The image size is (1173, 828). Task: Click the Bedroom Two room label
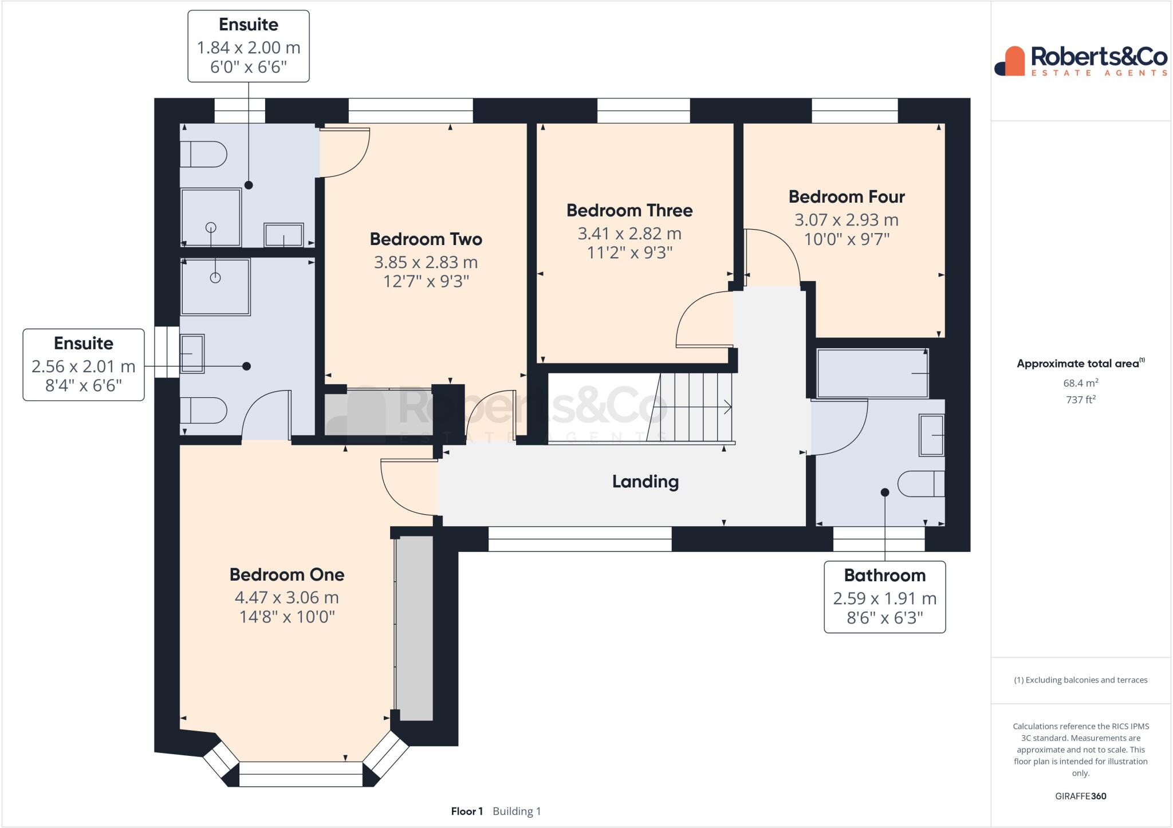click(426, 239)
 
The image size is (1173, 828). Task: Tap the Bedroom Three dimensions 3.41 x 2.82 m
click(629, 234)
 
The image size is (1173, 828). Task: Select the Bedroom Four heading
click(846, 197)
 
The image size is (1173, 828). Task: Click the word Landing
click(645, 482)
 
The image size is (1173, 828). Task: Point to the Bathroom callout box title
click(884, 575)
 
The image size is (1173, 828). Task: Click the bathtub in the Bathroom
click(872, 373)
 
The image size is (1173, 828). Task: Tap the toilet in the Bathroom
click(920, 484)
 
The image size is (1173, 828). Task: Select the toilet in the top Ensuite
click(203, 154)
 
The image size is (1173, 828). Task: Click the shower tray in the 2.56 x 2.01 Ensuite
click(215, 286)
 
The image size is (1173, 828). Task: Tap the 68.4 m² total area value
click(1080, 383)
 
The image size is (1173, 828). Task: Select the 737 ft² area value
click(1080, 400)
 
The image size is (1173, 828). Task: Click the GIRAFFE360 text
click(1080, 796)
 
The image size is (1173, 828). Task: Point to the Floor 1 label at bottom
click(467, 811)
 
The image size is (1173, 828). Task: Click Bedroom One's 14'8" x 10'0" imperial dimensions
click(286, 617)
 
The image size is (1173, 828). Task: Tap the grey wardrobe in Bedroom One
click(415, 628)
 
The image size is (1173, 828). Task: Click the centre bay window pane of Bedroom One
click(301, 774)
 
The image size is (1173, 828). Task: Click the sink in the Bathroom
click(931, 435)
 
